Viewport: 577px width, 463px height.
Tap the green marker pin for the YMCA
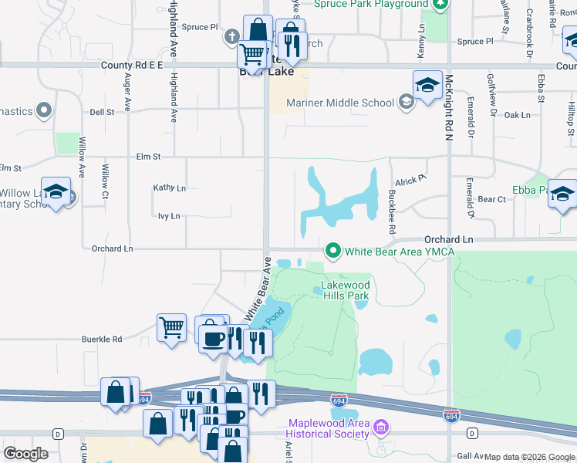(x=333, y=251)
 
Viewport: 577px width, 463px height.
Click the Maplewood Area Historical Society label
(x=329, y=428)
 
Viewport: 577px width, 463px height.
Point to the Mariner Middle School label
(x=340, y=103)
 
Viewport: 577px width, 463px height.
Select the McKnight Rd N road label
(x=448, y=117)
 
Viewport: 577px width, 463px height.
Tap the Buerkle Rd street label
(x=103, y=339)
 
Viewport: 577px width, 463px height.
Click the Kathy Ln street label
(x=170, y=188)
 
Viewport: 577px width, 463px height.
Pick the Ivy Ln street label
(x=168, y=216)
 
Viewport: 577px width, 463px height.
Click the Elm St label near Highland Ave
(x=147, y=156)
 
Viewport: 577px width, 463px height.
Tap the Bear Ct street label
(x=491, y=199)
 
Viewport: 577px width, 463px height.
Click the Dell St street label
(x=102, y=112)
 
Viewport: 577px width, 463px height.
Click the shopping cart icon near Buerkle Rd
(x=172, y=327)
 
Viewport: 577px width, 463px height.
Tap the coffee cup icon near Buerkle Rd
(x=213, y=337)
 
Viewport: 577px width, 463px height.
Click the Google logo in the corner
(x=25, y=454)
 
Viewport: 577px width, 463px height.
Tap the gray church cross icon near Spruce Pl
(x=232, y=36)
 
